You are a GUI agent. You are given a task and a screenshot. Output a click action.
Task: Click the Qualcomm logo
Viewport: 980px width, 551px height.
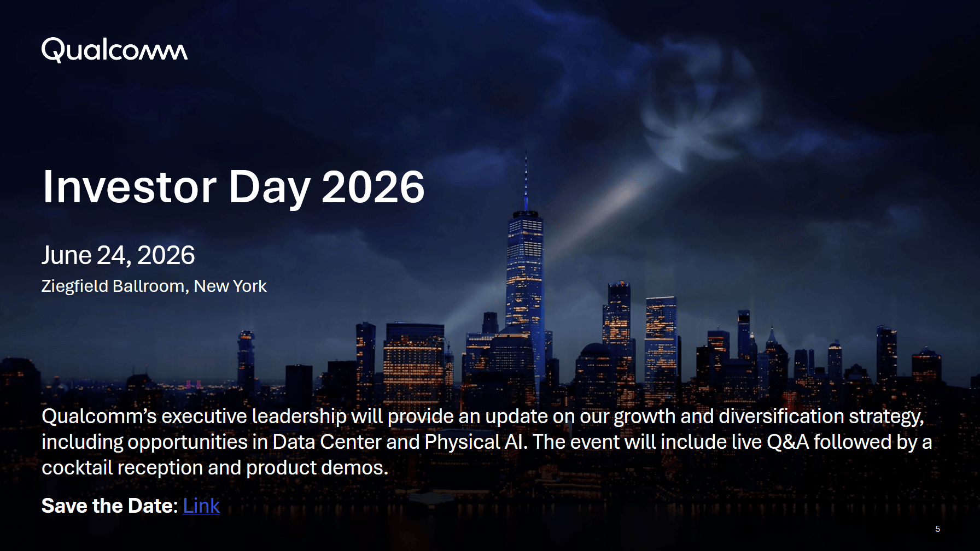114,50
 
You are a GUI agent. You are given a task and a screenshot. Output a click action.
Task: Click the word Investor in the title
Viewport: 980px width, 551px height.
130,187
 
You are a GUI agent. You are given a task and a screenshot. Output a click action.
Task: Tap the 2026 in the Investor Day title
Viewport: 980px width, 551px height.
373,187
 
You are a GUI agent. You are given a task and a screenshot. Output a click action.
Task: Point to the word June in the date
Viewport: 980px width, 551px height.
67,255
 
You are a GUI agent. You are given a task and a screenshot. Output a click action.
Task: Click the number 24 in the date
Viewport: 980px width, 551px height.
114,256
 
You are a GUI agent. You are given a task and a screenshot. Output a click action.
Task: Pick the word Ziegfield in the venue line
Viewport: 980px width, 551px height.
74,286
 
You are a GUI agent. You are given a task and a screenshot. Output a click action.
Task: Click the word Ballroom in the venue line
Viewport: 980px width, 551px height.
150,286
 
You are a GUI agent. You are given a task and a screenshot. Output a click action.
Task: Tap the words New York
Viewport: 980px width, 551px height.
230,286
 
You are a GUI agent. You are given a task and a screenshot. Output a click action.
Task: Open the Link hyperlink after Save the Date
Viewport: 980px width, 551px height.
201,506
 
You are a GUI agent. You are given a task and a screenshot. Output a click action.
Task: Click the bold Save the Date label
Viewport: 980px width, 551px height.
109,506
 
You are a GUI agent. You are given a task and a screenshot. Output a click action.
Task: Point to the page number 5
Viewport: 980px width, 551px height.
937,529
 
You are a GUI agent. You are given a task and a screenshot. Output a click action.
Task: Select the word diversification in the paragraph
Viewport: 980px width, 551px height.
781,417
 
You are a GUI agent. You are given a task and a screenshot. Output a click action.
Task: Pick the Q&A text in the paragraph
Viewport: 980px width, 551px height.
787,442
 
